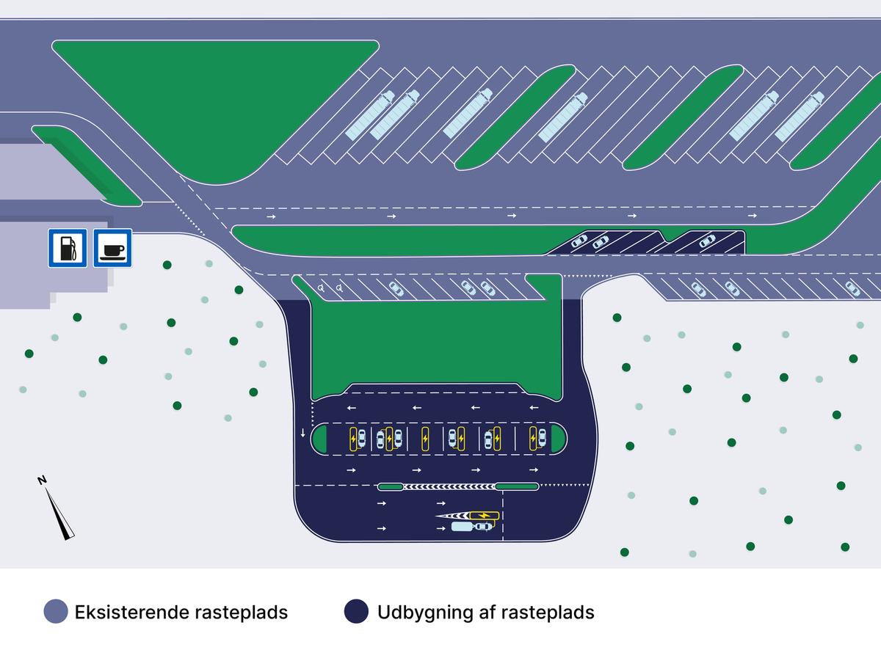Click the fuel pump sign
click(x=68, y=248)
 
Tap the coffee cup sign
click(x=112, y=248)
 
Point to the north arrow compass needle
click(x=60, y=513)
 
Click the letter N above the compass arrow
click(x=43, y=481)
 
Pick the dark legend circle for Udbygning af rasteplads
click(x=356, y=612)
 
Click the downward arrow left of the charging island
click(x=302, y=434)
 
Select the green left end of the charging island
click(x=320, y=439)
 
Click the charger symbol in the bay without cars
click(x=424, y=439)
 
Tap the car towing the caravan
click(x=482, y=526)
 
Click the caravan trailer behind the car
click(x=462, y=526)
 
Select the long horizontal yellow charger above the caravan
click(x=483, y=516)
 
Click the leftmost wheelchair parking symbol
click(x=322, y=288)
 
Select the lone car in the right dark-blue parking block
click(x=707, y=241)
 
